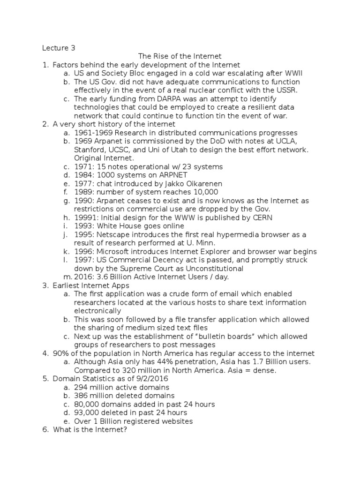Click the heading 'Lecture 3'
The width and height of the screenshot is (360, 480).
59,48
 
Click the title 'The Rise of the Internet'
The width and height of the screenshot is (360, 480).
180,56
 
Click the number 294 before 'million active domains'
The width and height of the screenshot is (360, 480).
81,387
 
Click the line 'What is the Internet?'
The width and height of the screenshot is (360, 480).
90,429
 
